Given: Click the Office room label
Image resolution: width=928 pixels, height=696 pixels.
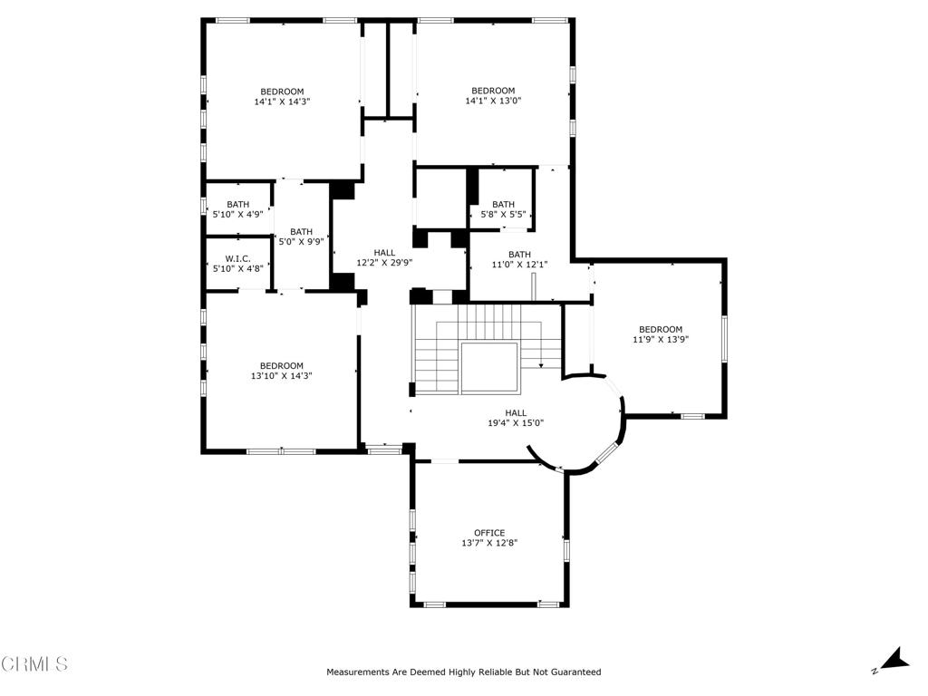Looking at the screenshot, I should pyautogui.click(x=489, y=533).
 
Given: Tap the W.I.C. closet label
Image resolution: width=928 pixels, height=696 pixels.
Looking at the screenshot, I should pyautogui.click(x=237, y=258).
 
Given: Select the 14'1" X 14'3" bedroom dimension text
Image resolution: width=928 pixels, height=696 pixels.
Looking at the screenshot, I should pyautogui.click(x=282, y=102).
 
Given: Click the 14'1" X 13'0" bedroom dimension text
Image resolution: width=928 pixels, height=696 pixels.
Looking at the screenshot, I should pyautogui.click(x=493, y=101).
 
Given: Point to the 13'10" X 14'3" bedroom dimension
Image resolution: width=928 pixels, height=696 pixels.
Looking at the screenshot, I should pyautogui.click(x=282, y=376).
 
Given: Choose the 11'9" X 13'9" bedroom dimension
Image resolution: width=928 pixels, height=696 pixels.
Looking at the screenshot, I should pyautogui.click(x=661, y=340).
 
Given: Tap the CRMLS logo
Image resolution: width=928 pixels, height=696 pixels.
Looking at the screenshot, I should pyautogui.click(x=34, y=664).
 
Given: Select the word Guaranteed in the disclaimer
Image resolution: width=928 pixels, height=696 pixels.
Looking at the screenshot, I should pyautogui.click(x=573, y=672).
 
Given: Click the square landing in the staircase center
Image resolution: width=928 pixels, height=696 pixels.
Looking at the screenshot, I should pyautogui.click(x=488, y=368).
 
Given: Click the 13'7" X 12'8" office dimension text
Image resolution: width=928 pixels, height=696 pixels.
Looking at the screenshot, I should pyautogui.click(x=489, y=544).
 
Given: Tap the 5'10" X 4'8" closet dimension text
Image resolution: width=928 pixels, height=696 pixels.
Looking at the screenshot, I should pyautogui.click(x=237, y=268).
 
